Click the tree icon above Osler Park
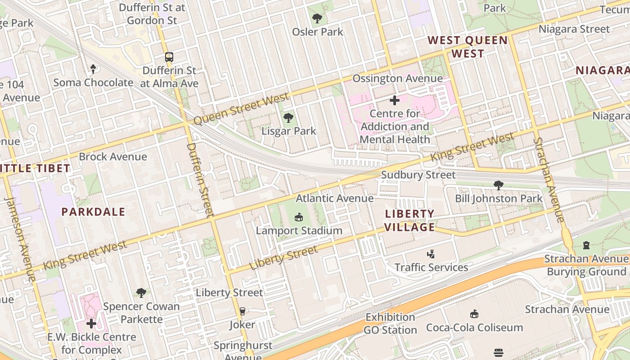pyautogui.click(x=317, y=18)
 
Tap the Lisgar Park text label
pyautogui.click(x=289, y=131)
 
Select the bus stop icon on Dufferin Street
pyautogui.click(x=169, y=57)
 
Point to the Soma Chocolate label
pyautogui.click(x=93, y=83)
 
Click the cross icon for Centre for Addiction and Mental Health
pyautogui.click(x=395, y=100)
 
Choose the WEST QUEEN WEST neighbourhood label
pyautogui.click(x=468, y=47)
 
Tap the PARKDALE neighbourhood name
pyautogui.click(x=93, y=212)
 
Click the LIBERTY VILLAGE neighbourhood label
pyautogui.click(x=409, y=220)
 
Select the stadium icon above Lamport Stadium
pyautogui.click(x=298, y=218)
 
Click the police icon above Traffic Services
pyautogui.click(x=431, y=254)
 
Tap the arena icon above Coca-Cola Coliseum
pyautogui.click(x=474, y=314)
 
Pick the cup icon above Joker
pyautogui.click(x=242, y=311)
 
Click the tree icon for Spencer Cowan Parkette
pyautogui.click(x=141, y=293)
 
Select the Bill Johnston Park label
pyautogui.click(x=499, y=198)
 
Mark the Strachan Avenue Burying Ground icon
pyautogui.click(x=586, y=245)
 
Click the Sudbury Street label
pyautogui.click(x=418, y=175)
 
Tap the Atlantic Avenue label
pyautogui.click(x=334, y=198)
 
